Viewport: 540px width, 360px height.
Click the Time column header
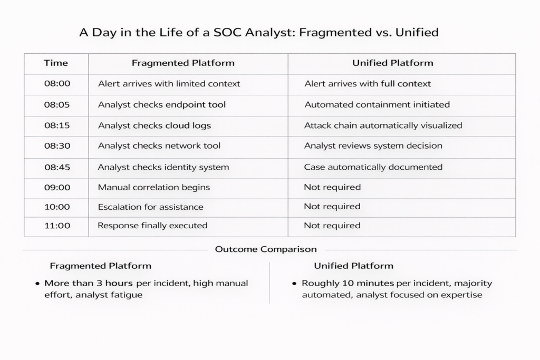coord(56,63)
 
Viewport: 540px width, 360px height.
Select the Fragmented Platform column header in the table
coord(183,63)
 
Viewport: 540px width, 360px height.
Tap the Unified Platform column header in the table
coord(392,63)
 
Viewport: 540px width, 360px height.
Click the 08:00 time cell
coord(57,84)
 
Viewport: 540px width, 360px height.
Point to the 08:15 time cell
coord(57,125)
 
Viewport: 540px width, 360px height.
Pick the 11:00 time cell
coord(57,226)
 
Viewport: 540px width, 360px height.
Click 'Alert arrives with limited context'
coord(169,84)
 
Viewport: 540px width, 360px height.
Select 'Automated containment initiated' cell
coord(377,105)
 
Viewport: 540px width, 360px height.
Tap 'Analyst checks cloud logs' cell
coord(155,125)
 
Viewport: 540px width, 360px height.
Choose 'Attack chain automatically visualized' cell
coord(383,125)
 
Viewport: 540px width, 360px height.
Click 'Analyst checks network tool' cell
coord(159,145)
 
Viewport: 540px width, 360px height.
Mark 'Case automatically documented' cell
coord(373,167)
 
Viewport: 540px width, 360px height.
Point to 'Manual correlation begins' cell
coord(153,187)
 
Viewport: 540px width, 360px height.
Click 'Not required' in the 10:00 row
coord(332,207)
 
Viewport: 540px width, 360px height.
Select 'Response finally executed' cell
coord(152,226)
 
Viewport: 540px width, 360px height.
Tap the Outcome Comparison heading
coord(266,249)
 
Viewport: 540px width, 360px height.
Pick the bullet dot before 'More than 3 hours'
coord(37,284)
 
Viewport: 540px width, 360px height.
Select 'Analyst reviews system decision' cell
coord(373,146)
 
